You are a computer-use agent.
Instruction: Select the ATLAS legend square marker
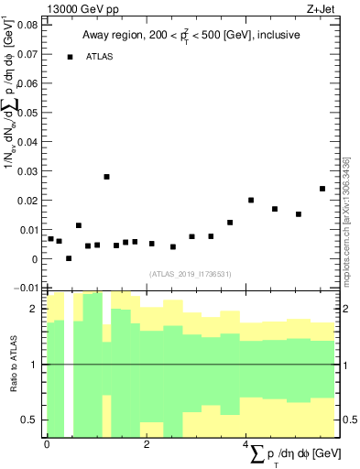coord(70,57)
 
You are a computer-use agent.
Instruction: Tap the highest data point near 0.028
coord(106,177)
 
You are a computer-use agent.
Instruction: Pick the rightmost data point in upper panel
coord(322,189)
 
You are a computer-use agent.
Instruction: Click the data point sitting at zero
coord(69,258)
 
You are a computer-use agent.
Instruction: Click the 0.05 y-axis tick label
coord(26,113)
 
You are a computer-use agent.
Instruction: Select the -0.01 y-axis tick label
coord(24,289)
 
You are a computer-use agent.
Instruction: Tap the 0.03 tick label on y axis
coord(26,171)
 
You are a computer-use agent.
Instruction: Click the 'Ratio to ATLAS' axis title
coord(15,365)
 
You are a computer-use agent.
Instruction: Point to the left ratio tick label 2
coord(35,310)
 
